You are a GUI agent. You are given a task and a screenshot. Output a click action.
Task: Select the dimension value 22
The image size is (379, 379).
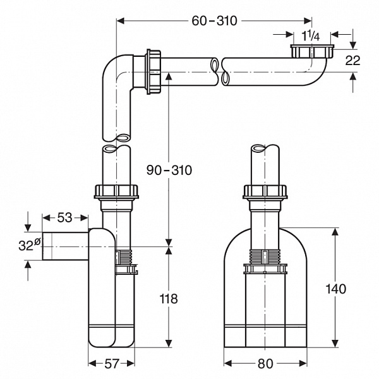354,61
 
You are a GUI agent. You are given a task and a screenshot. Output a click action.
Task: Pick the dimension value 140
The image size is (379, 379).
336,289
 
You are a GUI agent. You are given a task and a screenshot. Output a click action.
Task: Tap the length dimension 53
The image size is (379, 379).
64,218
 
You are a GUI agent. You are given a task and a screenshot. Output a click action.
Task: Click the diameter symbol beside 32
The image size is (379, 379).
37,240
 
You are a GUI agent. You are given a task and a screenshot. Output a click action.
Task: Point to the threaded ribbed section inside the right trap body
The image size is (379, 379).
265,257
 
